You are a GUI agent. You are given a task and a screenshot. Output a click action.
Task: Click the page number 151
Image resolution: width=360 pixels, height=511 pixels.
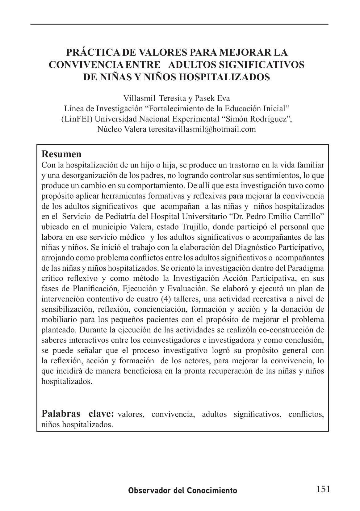[x=323, y=489]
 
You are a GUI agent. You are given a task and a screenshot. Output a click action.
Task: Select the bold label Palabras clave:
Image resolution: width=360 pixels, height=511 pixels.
[x=78, y=413]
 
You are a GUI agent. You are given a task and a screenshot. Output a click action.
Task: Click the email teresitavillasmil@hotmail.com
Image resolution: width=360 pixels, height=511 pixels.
[x=202, y=129]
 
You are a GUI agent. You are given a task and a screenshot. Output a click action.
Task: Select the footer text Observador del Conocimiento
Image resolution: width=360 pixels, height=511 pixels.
[x=183, y=490]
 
